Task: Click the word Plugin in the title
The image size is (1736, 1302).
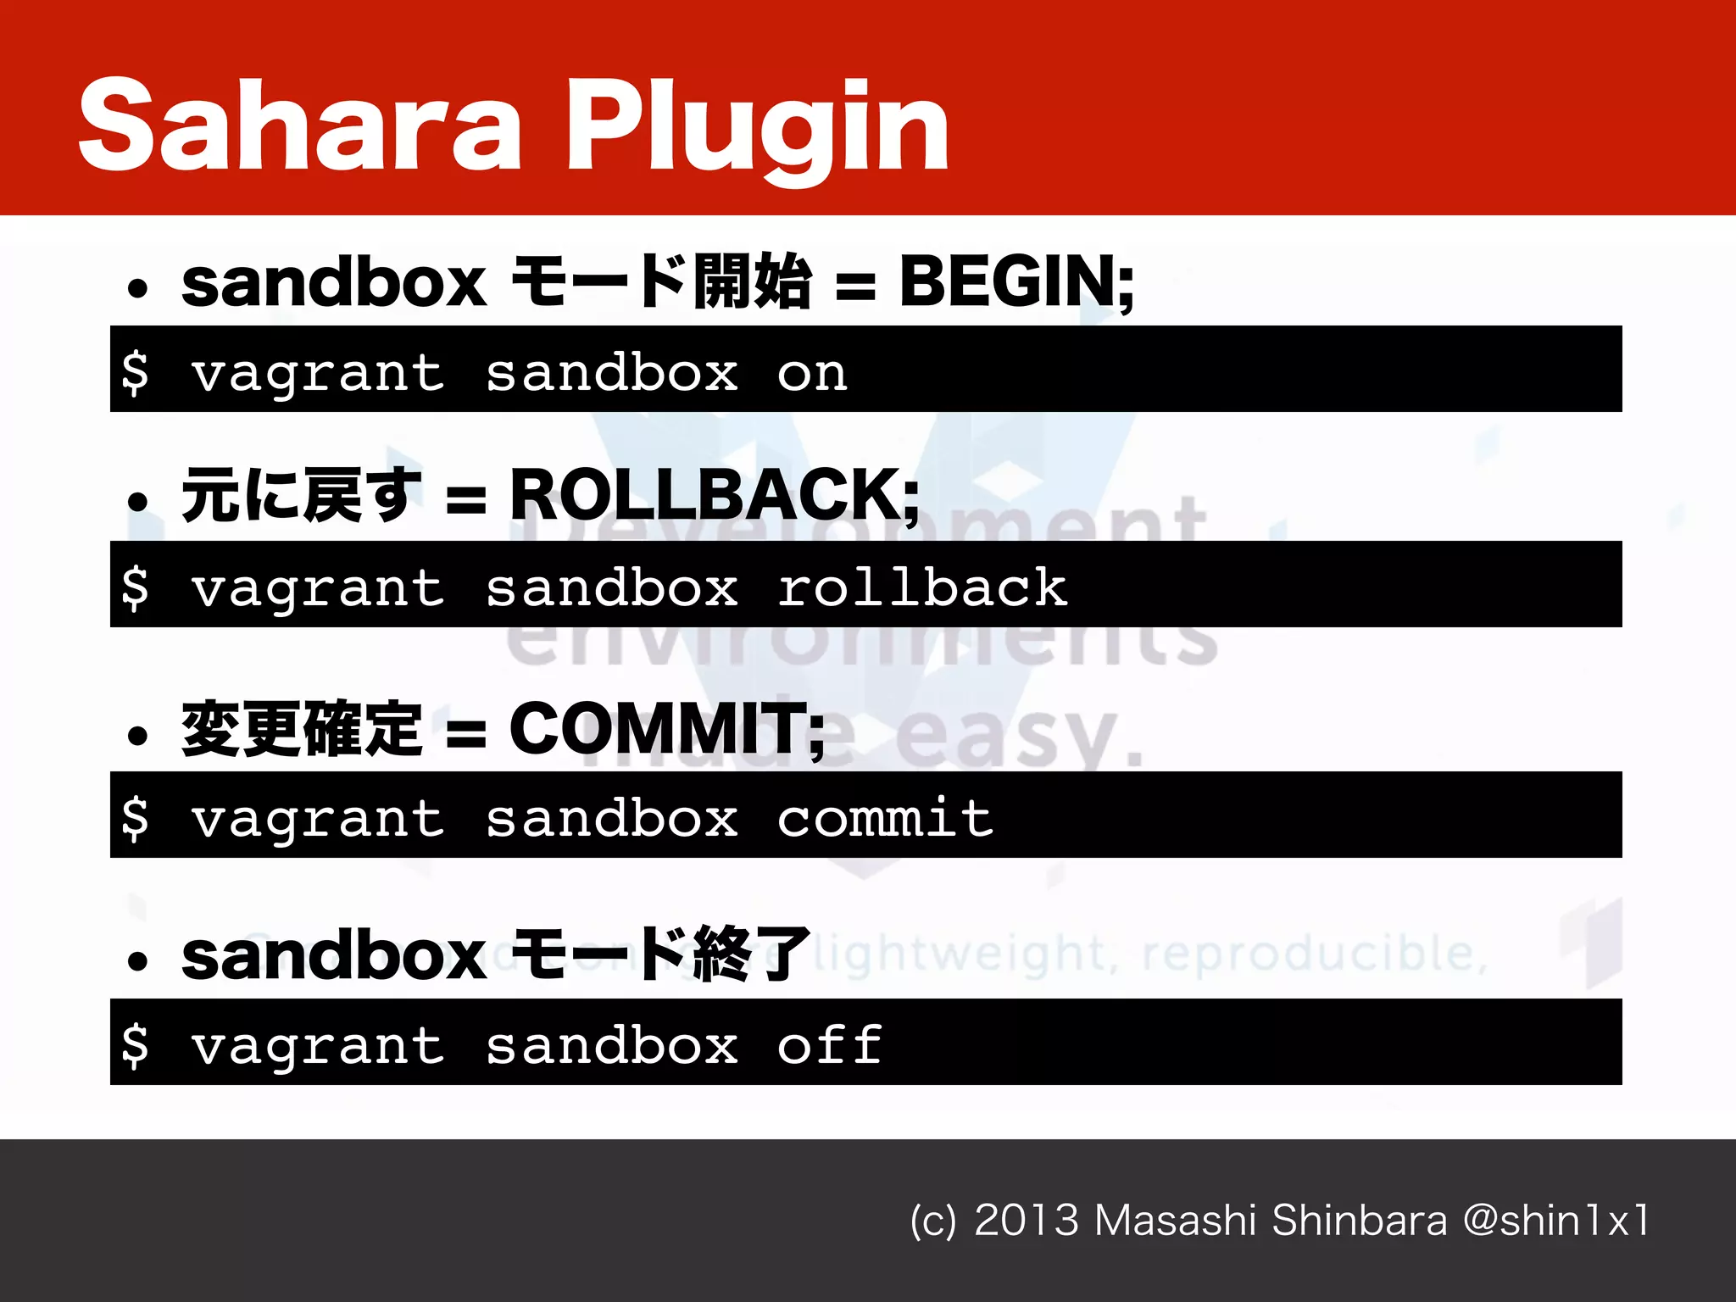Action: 757,131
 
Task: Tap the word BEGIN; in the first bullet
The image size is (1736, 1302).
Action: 1016,282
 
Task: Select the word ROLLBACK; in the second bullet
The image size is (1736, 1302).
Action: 714,496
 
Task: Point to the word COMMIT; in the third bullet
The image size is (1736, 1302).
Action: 666,730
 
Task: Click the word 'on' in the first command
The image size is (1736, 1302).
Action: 812,374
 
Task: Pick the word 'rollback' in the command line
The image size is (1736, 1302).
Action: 922,587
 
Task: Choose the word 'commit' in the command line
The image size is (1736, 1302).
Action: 885,819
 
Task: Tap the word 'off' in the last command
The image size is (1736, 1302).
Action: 830,1045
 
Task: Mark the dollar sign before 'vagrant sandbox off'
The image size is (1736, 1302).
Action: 135,1044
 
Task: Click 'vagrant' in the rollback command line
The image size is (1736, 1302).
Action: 318,589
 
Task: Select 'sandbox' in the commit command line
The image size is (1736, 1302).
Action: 611,819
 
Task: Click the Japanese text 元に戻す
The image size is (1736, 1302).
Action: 301,496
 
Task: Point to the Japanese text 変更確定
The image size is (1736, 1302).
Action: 301,730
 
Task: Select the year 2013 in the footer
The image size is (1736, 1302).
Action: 1027,1221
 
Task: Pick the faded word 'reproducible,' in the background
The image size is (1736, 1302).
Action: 1315,954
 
